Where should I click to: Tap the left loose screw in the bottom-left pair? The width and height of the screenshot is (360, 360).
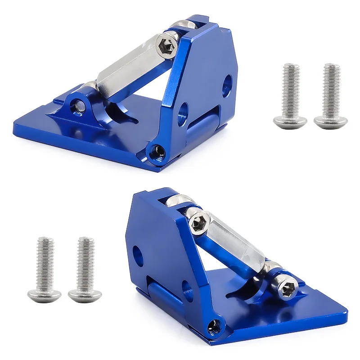click(x=44, y=270)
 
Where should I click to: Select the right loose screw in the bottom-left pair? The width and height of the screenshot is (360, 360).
click(x=85, y=270)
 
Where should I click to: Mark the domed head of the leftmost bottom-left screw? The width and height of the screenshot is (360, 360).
click(x=44, y=295)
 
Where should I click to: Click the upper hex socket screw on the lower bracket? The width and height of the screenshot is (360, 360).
click(x=198, y=222)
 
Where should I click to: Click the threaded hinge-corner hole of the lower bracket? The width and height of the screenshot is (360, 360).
click(x=214, y=325)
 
